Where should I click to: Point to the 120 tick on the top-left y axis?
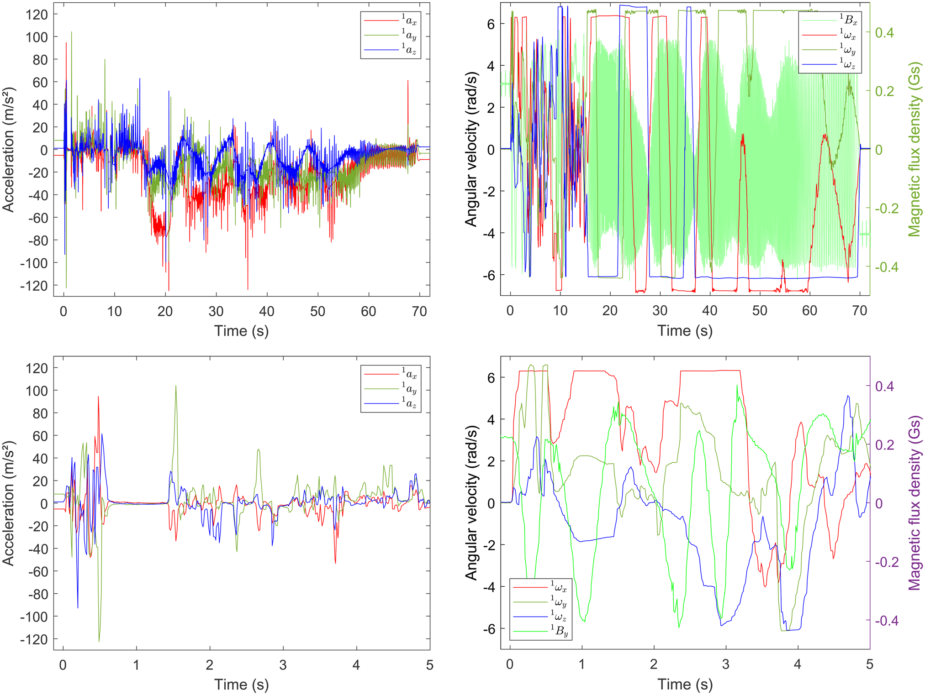pyautogui.click(x=37, y=15)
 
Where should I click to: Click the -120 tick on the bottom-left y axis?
pyautogui.click(x=34, y=639)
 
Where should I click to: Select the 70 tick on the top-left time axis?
pyautogui.click(x=419, y=311)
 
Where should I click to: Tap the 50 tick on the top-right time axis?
pyautogui.click(x=760, y=311)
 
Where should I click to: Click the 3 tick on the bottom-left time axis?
pyautogui.click(x=283, y=665)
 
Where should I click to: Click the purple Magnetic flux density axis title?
pyautogui.click(x=914, y=503)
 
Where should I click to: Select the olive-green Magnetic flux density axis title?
pyautogui.click(x=914, y=149)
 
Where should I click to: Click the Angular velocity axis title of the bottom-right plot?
pyautogui.click(x=471, y=503)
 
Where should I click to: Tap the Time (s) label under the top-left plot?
pyautogui.click(x=241, y=331)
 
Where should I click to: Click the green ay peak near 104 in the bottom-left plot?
pyautogui.click(x=176, y=386)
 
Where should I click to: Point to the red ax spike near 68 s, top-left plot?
pyautogui.click(x=408, y=81)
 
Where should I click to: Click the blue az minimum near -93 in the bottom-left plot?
pyautogui.click(x=78, y=607)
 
